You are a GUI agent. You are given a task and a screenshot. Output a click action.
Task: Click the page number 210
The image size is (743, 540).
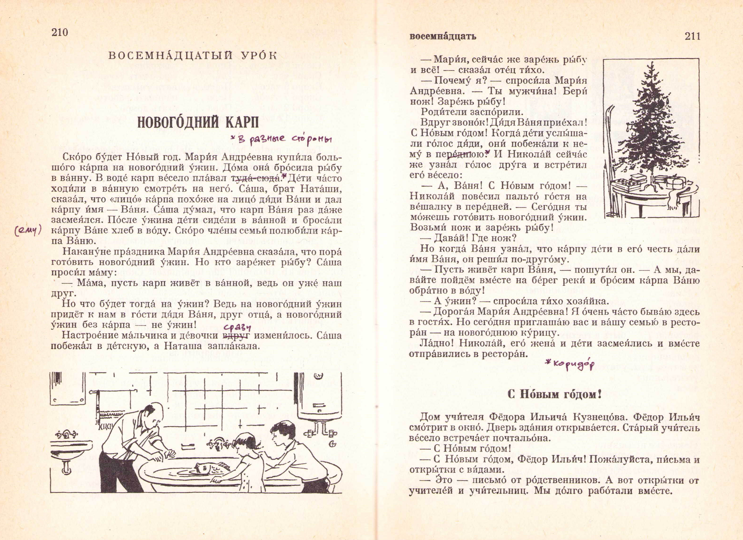point(60,32)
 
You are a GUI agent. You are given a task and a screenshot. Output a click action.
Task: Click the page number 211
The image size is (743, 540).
point(692,36)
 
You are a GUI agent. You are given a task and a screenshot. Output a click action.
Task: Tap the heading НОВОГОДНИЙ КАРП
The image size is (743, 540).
point(198,122)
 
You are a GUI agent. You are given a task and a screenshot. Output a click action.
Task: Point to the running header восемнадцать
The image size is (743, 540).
point(443,36)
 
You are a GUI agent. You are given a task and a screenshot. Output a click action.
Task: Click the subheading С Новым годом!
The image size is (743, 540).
point(554,394)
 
